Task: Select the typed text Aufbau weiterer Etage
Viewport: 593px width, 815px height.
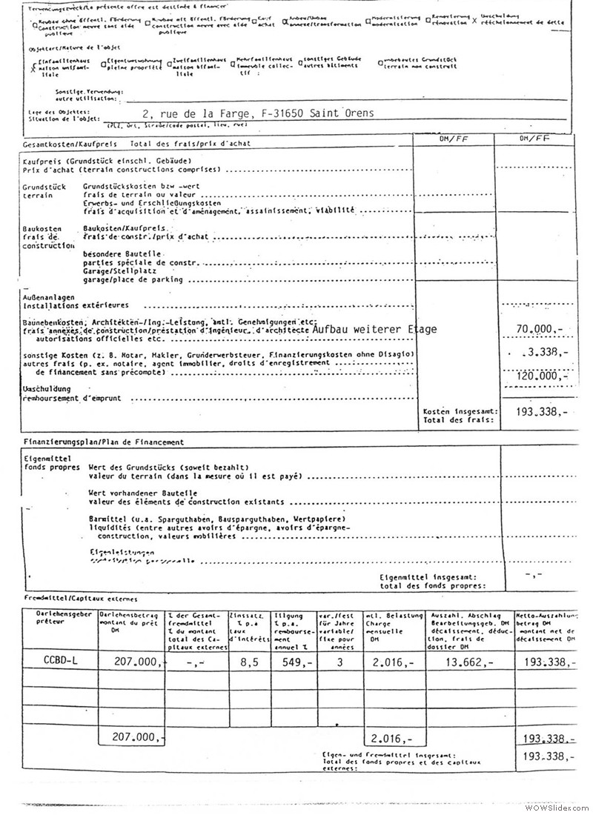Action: [375, 329]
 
